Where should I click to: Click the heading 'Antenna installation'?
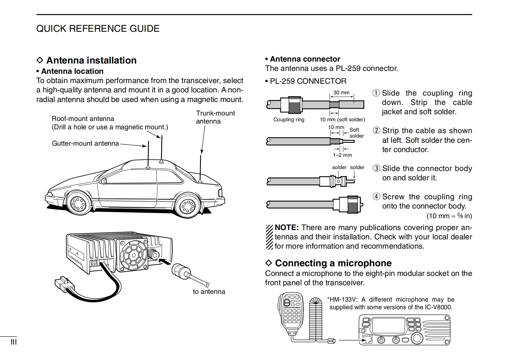91,60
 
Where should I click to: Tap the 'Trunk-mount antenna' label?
215,117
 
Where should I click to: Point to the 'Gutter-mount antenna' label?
85,143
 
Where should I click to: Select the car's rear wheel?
187,205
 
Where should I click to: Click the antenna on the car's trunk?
201,168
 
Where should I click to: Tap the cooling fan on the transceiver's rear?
133,254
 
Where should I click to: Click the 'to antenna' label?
209,292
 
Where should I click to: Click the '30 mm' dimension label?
341,92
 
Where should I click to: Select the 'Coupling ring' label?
289,119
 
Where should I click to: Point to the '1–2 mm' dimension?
342,155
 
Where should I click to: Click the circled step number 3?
376,168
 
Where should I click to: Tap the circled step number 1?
376,93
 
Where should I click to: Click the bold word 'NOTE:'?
287,227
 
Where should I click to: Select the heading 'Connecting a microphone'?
333,263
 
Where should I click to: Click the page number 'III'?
13,342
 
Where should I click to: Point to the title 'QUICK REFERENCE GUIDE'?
98,29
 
